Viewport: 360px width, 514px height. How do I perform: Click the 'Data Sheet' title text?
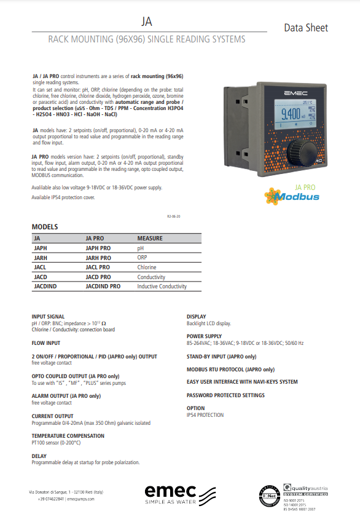point(305,28)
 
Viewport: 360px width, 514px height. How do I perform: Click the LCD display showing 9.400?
point(291,116)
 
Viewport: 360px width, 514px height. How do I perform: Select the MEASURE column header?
point(150,238)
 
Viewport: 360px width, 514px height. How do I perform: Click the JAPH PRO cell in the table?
point(98,248)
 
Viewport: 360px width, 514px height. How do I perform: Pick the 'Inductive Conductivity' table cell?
point(162,287)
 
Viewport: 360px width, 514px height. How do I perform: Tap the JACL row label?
point(41,267)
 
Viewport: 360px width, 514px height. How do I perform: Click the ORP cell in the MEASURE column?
point(143,258)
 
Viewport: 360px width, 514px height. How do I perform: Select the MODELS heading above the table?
point(44,227)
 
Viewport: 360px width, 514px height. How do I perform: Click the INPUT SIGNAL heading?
point(48,317)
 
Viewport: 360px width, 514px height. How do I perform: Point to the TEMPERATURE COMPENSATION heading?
point(68,436)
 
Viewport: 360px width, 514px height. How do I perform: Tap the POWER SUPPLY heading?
point(204,336)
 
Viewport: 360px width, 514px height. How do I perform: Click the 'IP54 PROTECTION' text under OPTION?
point(205,415)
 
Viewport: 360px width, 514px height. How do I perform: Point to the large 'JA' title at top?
point(146,22)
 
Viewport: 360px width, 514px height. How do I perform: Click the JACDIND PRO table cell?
point(103,287)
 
